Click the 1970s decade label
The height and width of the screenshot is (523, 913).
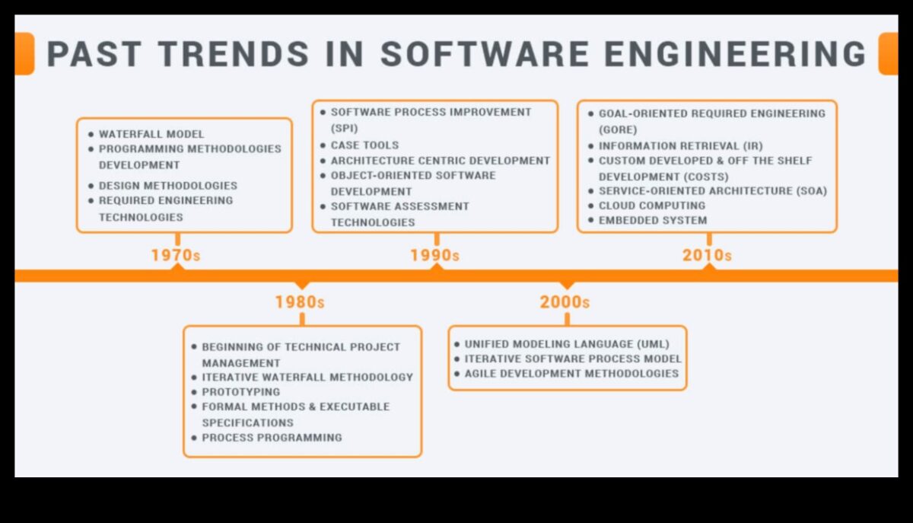click(176, 255)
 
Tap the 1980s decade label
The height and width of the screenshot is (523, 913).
click(300, 302)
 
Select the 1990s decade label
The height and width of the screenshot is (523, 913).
click(434, 255)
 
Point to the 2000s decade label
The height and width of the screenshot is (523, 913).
click(565, 302)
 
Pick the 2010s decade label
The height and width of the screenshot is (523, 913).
click(707, 255)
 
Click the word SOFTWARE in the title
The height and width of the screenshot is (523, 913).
click(484, 55)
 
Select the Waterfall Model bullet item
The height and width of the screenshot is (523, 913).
click(151, 134)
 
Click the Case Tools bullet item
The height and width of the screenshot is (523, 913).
click(364, 145)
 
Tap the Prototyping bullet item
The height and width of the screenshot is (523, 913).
click(240, 391)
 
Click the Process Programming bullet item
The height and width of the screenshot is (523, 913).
click(272, 438)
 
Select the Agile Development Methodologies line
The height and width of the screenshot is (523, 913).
click(571, 373)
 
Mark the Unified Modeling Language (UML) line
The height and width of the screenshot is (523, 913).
click(567, 344)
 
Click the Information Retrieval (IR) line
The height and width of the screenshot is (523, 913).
click(680, 145)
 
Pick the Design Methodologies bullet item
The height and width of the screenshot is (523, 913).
click(167, 185)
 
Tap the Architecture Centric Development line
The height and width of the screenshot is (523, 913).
click(440, 161)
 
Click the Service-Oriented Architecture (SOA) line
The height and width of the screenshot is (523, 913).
click(712, 190)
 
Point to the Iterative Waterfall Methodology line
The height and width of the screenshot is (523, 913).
click(307, 377)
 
